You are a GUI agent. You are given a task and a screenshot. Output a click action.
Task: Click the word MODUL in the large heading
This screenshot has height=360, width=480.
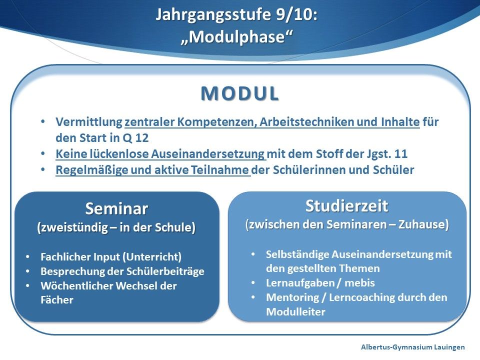[x=239, y=93]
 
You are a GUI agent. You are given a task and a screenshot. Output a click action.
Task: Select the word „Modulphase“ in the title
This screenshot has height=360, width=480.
[x=236, y=36]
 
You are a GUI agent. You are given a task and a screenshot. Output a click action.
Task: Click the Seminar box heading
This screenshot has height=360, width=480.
[x=116, y=209]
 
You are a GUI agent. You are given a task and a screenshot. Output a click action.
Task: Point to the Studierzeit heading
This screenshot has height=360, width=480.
[x=347, y=205]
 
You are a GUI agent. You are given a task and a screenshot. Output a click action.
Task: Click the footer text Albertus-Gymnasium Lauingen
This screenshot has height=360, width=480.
[x=412, y=347]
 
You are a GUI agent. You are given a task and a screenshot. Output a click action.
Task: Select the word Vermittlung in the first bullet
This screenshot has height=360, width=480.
[x=89, y=122]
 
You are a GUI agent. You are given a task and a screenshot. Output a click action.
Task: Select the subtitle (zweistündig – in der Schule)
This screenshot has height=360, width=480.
[x=116, y=228]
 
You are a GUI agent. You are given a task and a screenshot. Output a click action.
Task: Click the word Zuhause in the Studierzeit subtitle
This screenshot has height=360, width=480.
[x=423, y=224]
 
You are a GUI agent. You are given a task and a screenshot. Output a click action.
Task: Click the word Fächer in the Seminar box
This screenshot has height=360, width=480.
[x=57, y=299]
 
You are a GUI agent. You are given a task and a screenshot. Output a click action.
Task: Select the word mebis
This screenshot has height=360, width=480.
[x=359, y=283]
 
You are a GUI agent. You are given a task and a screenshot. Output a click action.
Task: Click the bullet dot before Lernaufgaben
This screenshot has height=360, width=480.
[x=253, y=282]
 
